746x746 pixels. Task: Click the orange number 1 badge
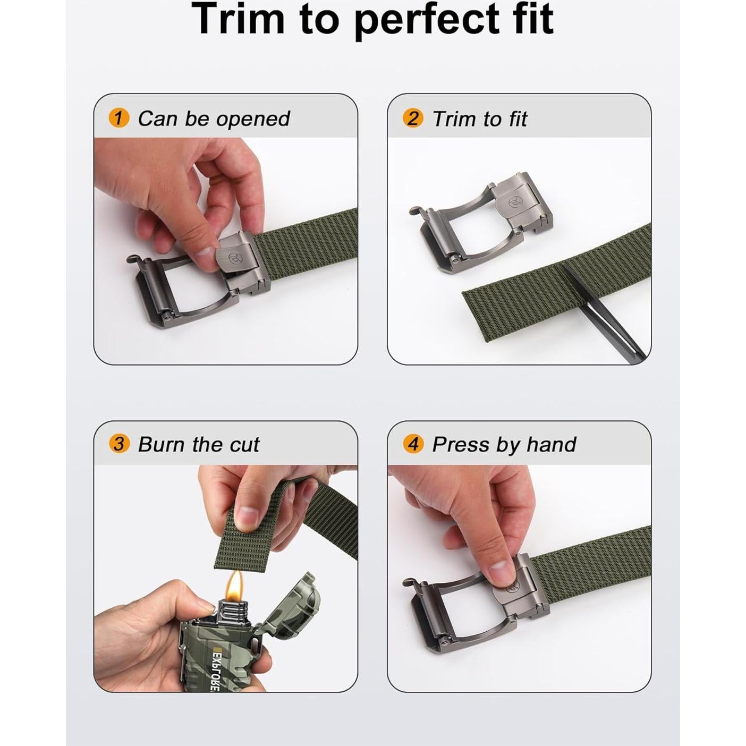[x=118, y=118]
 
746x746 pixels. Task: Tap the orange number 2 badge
[x=413, y=118]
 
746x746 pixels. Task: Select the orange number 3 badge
[x=118, y=444]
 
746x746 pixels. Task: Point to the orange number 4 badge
[x=413, y=444]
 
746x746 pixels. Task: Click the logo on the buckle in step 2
[x=514, y=202]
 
